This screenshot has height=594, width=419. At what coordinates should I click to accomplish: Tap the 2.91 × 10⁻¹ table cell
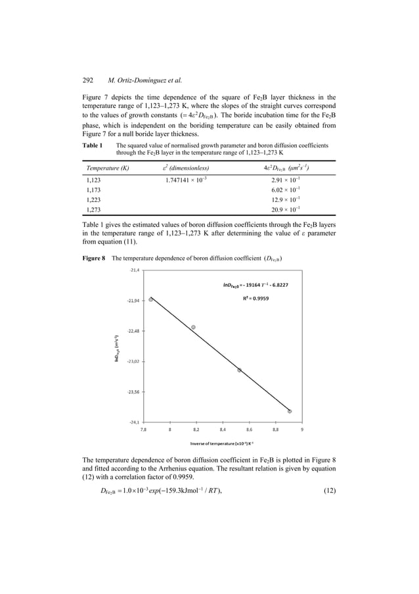point(286,179)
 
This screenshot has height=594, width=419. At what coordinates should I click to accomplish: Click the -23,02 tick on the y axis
point(131,362)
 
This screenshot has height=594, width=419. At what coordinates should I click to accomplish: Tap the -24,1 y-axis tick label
point(133,422)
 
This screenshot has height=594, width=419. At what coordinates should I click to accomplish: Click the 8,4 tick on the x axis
point(223,431)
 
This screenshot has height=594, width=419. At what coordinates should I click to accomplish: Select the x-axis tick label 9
point(302,431)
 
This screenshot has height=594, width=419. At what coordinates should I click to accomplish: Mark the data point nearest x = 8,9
point(290,412)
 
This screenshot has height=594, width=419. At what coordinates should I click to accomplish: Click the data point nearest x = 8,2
point(193,327)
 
